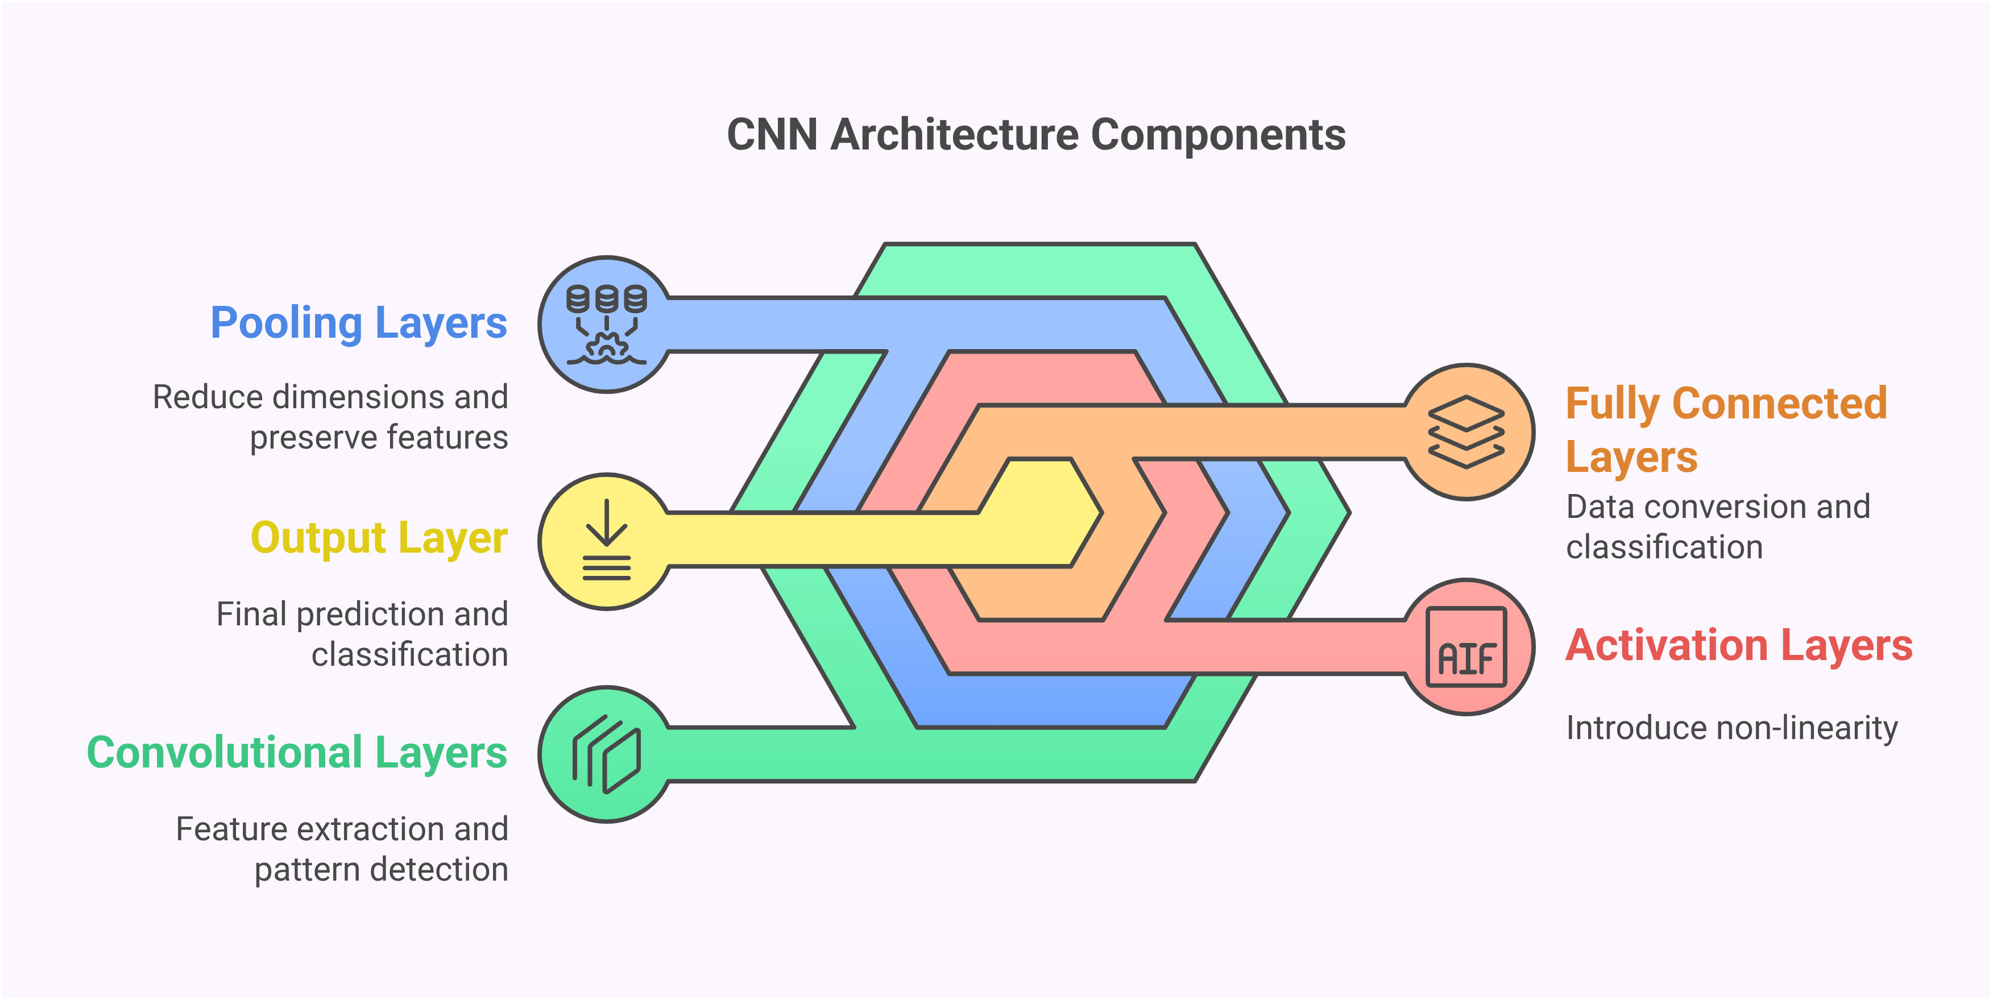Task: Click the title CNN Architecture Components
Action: pos(1036,135)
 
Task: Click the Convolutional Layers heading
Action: pos(296,753)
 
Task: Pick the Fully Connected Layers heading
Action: pos(1725,430)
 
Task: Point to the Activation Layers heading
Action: pos(1738,646)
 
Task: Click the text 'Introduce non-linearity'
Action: pos(1731,728)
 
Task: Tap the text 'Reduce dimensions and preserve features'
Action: pos(331,417)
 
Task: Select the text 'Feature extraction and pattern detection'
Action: pos(342,849)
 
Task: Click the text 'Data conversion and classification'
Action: pos(1718,526)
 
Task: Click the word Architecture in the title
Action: pos(954,135)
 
